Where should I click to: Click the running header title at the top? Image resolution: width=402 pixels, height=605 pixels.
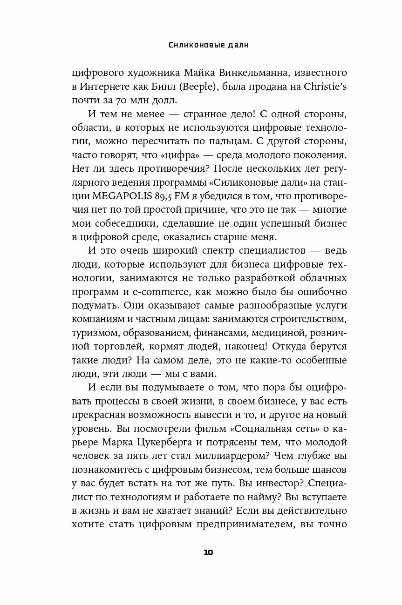point(201,45)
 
